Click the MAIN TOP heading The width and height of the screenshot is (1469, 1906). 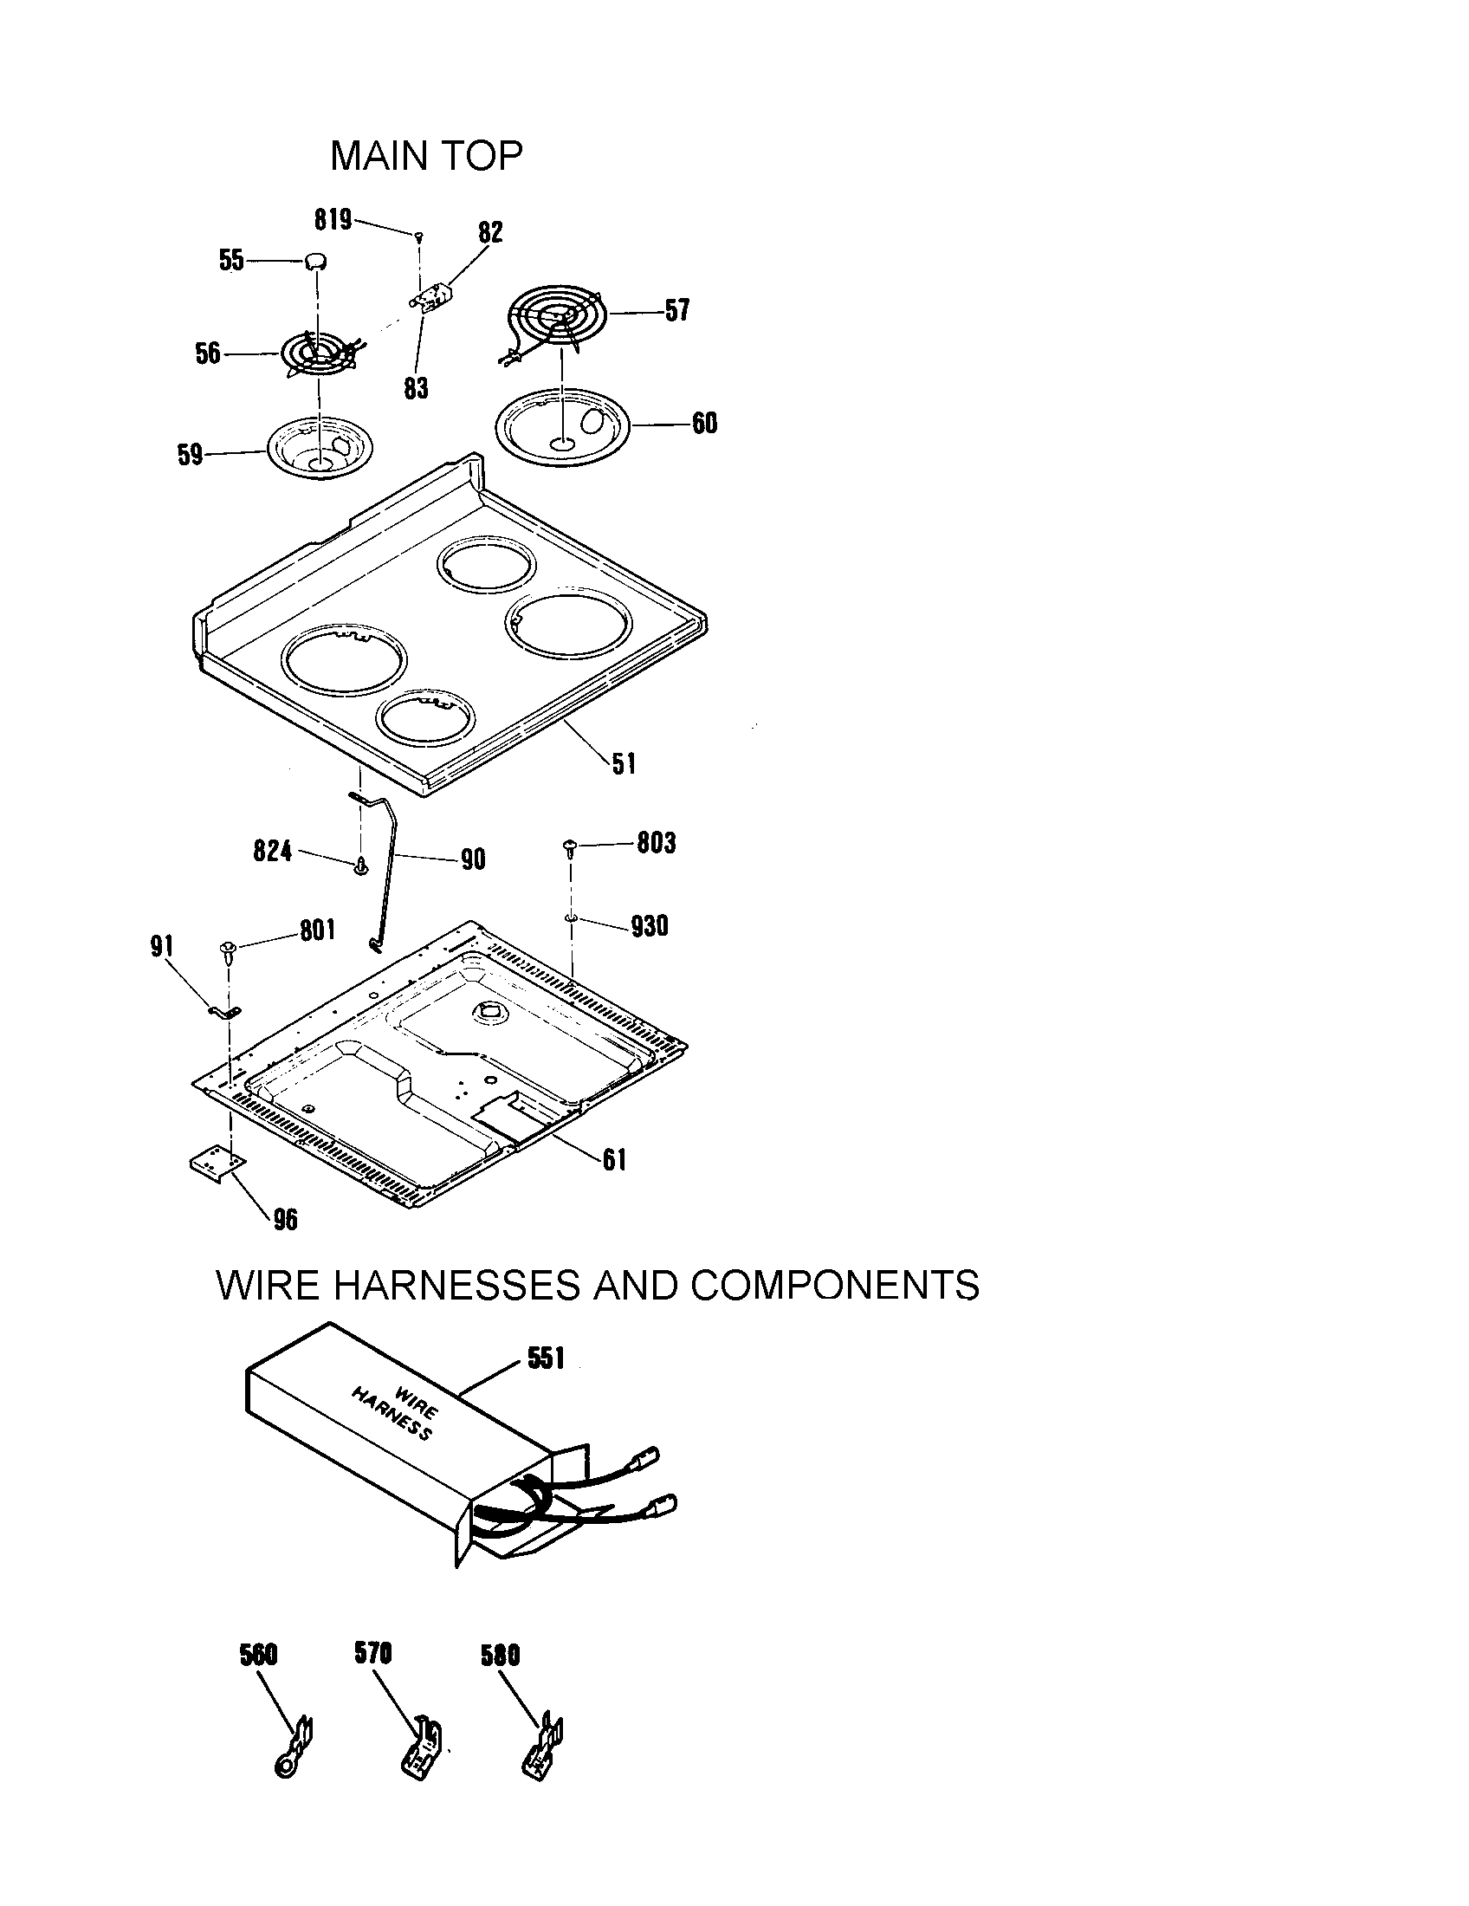pos(426,156)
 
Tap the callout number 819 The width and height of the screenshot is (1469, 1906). pos(333,220)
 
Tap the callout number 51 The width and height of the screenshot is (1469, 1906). pos(624,764)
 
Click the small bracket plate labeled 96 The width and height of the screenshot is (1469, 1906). pos(217,1165)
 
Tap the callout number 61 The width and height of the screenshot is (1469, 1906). pos(614,1160)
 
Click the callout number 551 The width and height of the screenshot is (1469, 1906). pos(546,1358)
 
